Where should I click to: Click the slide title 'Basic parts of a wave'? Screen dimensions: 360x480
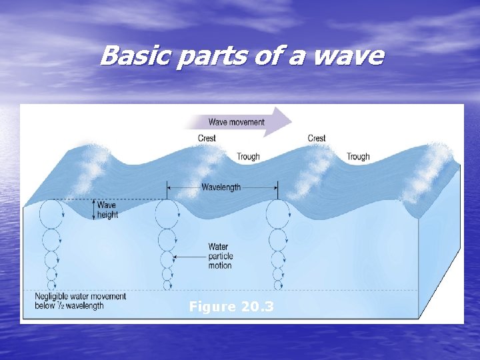(241, 55)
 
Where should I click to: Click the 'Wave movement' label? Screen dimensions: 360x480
(236, 122)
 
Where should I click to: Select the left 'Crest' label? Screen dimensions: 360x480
(207, 139)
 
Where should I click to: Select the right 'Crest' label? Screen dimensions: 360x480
(317, 139)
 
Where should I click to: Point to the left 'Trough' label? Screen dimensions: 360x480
(248, 157)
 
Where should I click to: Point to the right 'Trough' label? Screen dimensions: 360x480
(358, 157)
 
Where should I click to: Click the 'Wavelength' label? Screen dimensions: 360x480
(221, 188)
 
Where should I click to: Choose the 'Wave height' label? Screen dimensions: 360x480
(107, 210)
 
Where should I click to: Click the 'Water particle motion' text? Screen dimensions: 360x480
(219, 256)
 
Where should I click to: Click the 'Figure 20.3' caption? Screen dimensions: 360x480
(231, 307)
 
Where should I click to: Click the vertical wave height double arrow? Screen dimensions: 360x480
(93, 210)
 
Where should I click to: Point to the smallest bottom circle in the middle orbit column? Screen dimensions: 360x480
(167, 285)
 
